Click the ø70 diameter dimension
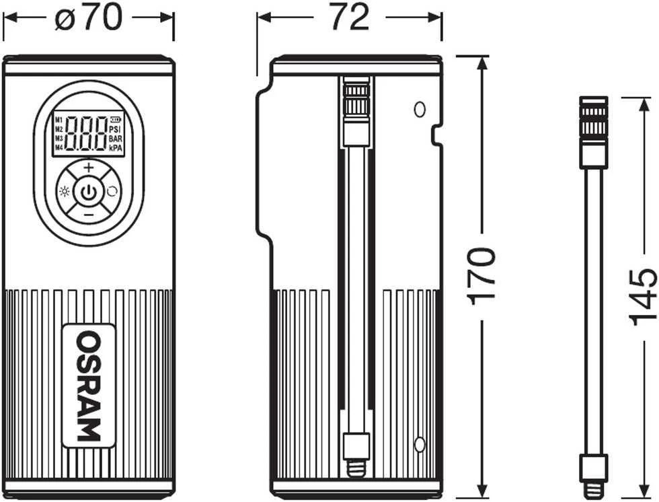[89, 17]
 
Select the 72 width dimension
[350, 17]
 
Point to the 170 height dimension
[481, 276]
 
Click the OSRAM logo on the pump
[89, 386]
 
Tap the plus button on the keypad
[89, 168]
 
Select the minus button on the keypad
[89, 215]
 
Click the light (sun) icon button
[65, 192]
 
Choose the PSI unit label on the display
[115, 129]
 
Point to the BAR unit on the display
[115, 139]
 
